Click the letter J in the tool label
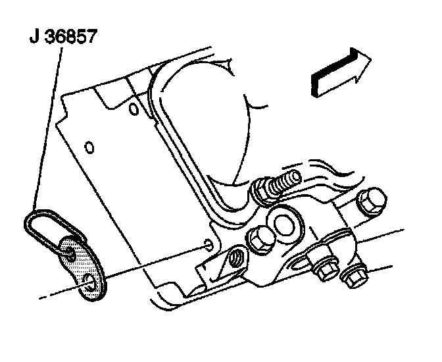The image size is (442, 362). pos(34,38)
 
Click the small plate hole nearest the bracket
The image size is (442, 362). pos(209,246)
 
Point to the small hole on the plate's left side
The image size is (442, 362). pos(90,144)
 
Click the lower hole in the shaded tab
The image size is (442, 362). pos(90,284)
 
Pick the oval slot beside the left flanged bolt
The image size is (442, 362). pos(297,265)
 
